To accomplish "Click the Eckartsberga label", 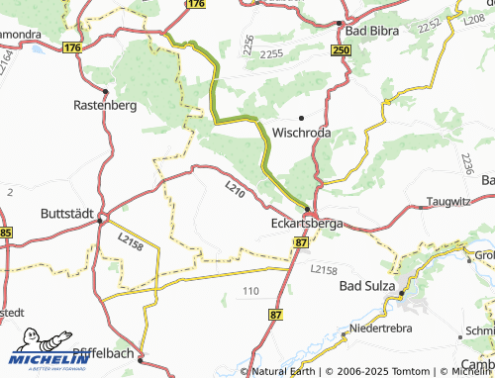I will tap(306, 225).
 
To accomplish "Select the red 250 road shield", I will tap(342, 50).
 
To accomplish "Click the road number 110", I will tap(250, 290).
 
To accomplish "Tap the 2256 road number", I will tap(247, 44).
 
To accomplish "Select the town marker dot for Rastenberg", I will tap(104, 87).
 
